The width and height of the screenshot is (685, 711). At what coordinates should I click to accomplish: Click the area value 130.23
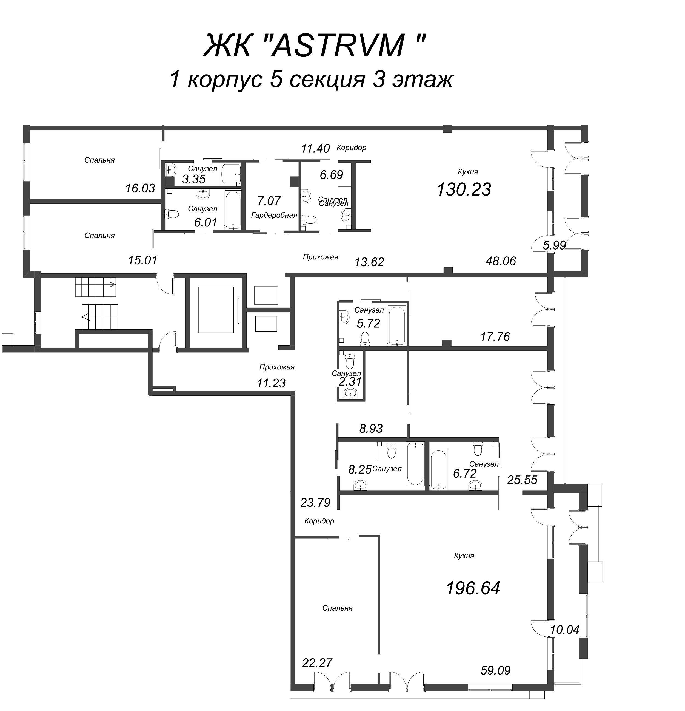[464, 189]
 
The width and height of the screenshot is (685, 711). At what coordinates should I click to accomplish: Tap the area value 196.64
[473, 588]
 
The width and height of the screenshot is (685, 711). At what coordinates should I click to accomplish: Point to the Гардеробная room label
[274, 215]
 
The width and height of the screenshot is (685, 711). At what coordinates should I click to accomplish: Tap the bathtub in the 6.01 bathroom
[232, 210]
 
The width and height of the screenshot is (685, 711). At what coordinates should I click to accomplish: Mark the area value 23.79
[315, 502]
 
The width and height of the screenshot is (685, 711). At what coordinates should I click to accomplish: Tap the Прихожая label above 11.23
[277, 367]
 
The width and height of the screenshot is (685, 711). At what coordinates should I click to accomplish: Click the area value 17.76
[495, 337]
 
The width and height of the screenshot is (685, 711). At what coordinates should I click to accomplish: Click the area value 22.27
[317, 663]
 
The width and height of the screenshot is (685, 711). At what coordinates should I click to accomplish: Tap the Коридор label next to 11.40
[351, 147]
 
